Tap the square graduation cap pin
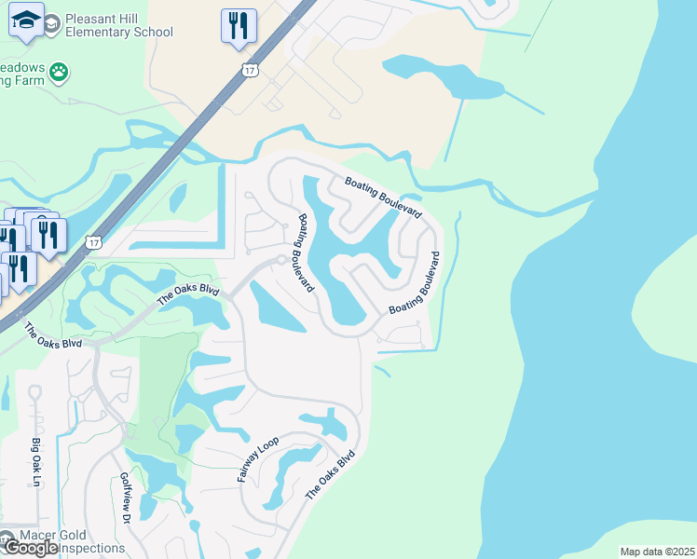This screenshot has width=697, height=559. tap(25, 20)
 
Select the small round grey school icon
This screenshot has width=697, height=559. tap(51, 20)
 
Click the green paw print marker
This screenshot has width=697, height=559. tap(59, 71)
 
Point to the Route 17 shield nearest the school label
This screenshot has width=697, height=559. tap(249, 70)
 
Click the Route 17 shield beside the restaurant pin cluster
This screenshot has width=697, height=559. tap(92, 242)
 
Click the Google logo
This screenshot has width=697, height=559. tap(31, 548)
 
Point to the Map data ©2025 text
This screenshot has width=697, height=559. tap(657, 552)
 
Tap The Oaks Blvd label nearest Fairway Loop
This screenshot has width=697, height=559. tap(332, 478)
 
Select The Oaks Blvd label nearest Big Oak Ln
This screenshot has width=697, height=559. tap(53, 335)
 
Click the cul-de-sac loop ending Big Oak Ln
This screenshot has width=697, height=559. tap(34, 392)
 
